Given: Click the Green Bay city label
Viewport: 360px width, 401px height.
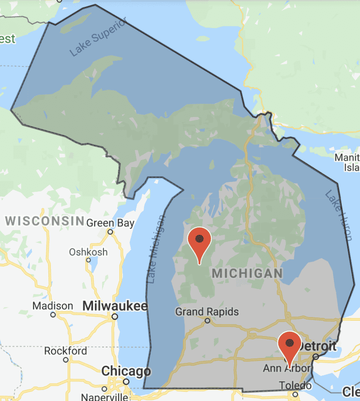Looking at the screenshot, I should pos(110,223).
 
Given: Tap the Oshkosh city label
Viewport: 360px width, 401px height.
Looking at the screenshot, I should pos(88,252).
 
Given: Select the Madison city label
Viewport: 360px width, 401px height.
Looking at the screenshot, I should pos(53,306).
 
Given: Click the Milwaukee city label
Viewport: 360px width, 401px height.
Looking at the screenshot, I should pos(115,306).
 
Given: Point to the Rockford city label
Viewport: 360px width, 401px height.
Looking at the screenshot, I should pos(66,351).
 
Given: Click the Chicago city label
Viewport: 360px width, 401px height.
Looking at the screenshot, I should pos(126,371).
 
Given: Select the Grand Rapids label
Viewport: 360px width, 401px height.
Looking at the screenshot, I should pos(207,311).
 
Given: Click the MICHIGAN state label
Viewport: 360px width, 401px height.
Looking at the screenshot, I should pos(247,273).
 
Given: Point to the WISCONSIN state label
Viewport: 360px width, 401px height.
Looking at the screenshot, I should pos(45,221).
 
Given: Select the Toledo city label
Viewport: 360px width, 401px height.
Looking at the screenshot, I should pos(294,385).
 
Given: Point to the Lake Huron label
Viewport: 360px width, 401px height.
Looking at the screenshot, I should pos(338,215).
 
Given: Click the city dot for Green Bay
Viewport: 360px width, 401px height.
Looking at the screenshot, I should pos(110,232).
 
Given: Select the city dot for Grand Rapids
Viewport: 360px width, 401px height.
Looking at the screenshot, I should pos(208,320).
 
